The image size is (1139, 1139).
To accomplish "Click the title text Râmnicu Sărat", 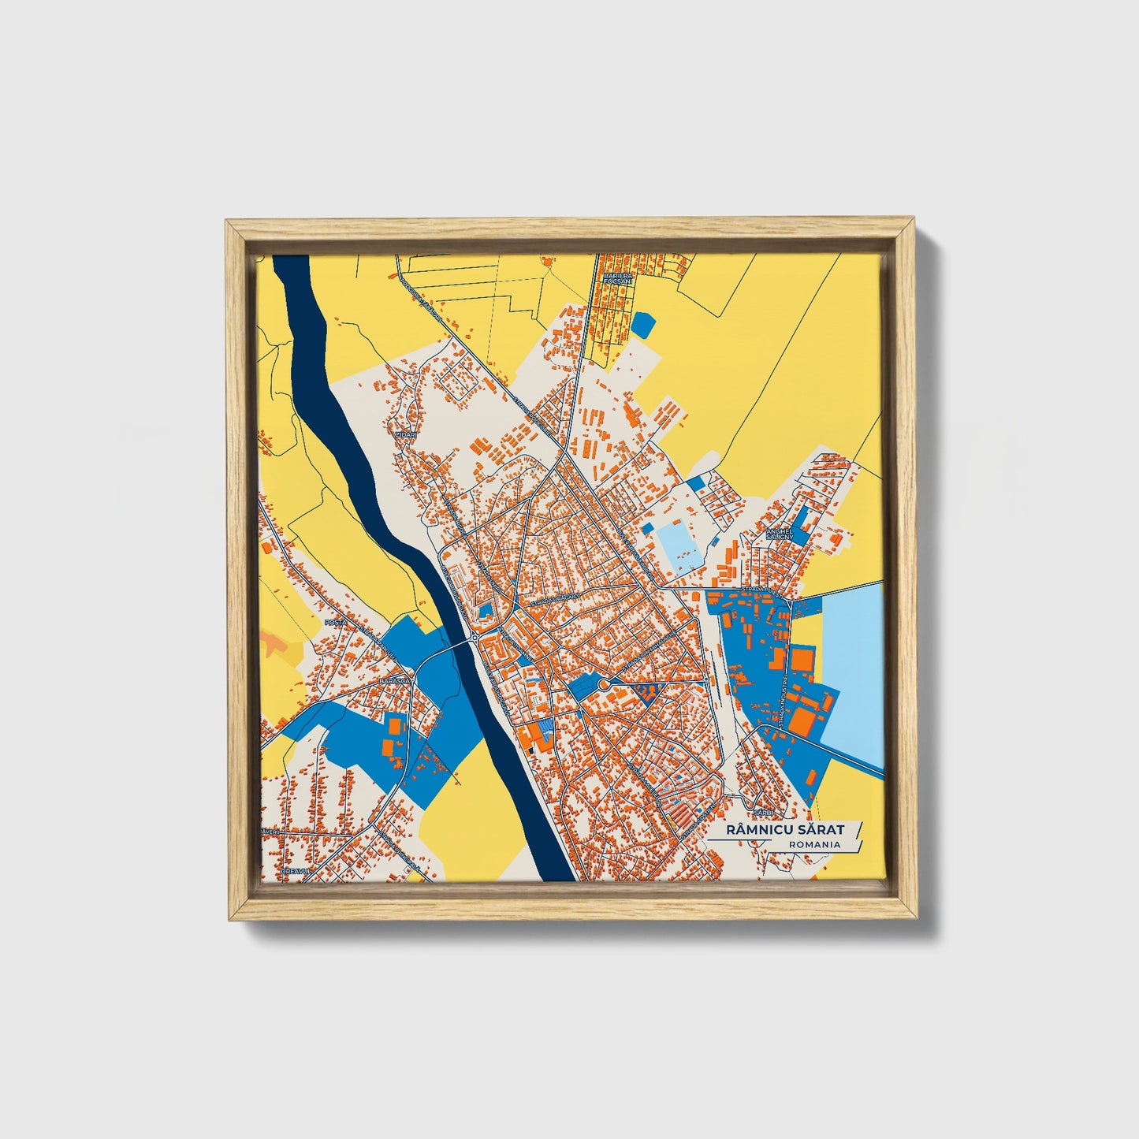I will pos(784,829).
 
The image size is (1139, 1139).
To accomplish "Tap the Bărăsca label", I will pos(395,679).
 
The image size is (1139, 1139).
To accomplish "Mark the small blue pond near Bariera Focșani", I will pos(642,324).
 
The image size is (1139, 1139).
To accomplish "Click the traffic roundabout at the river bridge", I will pos(473,638).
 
